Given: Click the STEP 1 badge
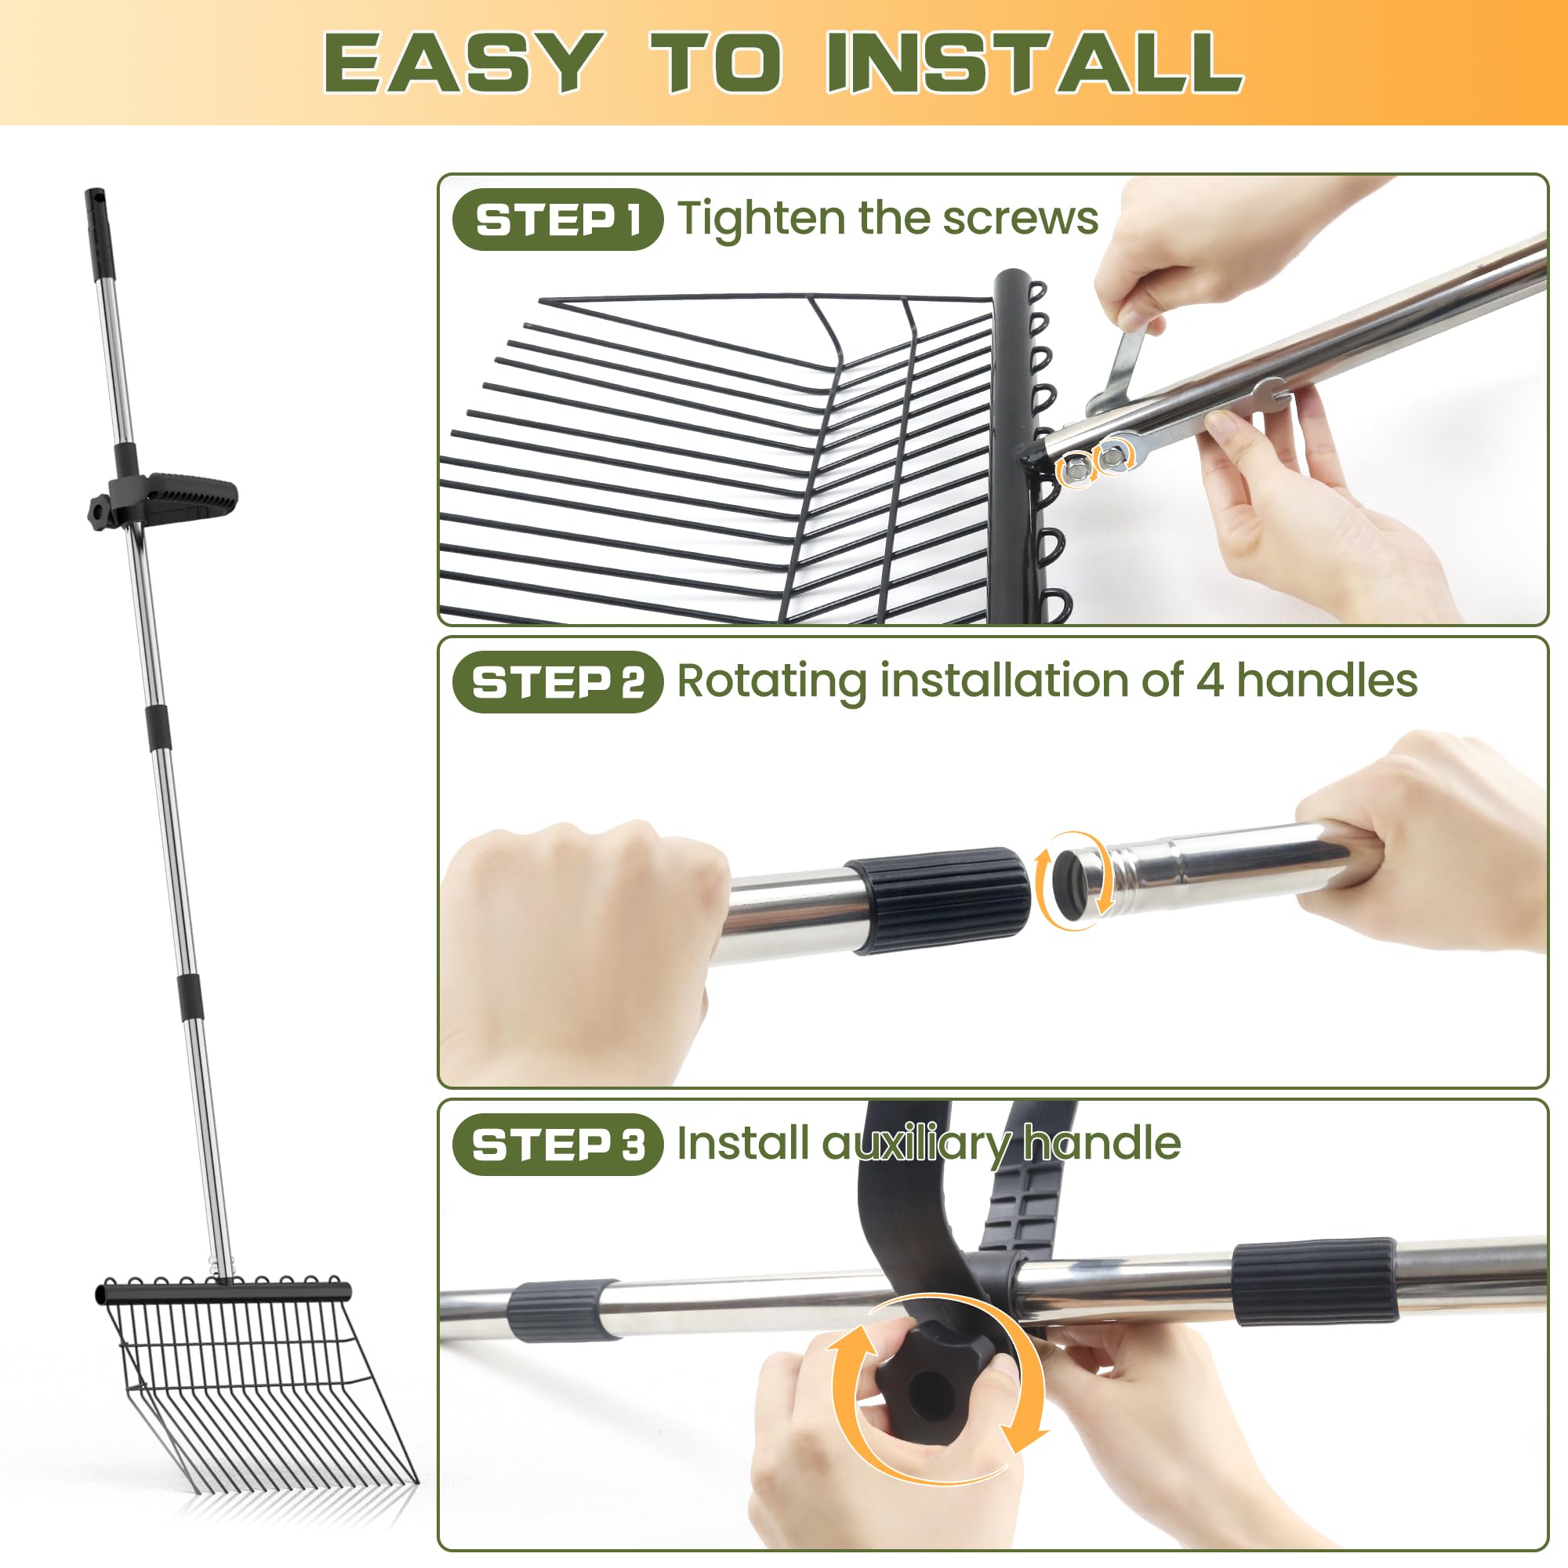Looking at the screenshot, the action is (x=557, y=220).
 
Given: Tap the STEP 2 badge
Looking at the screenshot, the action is (x=557, y=682).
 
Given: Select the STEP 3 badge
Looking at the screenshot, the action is (x=557, y=1145).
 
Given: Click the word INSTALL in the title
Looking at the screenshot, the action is (x=1035, y=64).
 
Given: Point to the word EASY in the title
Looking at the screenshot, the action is (x=463, y=64).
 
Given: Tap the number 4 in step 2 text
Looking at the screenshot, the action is (x=1209, y=680).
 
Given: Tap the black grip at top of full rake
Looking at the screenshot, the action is (x=99, y=233).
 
